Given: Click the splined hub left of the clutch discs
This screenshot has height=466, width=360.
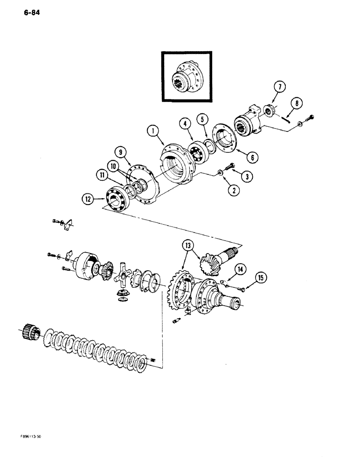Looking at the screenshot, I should pyautogui.click(x=32, y=331).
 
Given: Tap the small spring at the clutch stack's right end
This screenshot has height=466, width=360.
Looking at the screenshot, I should pyautogui.click(x=152, y=359).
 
